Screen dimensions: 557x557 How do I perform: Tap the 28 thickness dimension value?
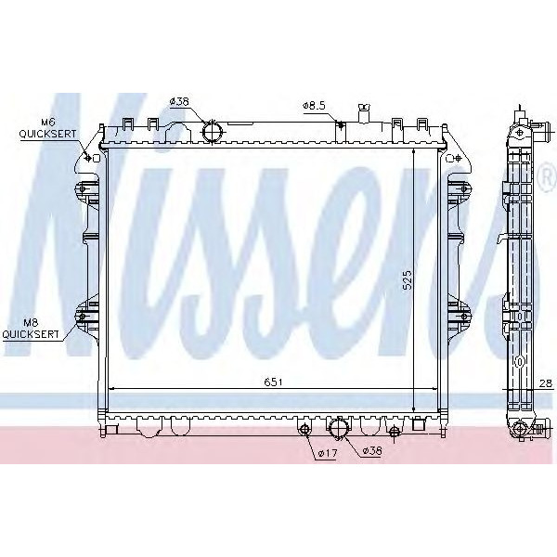click(x=545, y=382)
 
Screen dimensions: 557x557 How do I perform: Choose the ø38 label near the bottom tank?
click(x=371, y=450)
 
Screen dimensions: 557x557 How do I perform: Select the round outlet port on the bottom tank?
click(x=339, y=429)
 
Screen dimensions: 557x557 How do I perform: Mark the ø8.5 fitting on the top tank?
click(x=342, y=127)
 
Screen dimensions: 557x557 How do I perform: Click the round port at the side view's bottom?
click(x=522, y=429)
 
